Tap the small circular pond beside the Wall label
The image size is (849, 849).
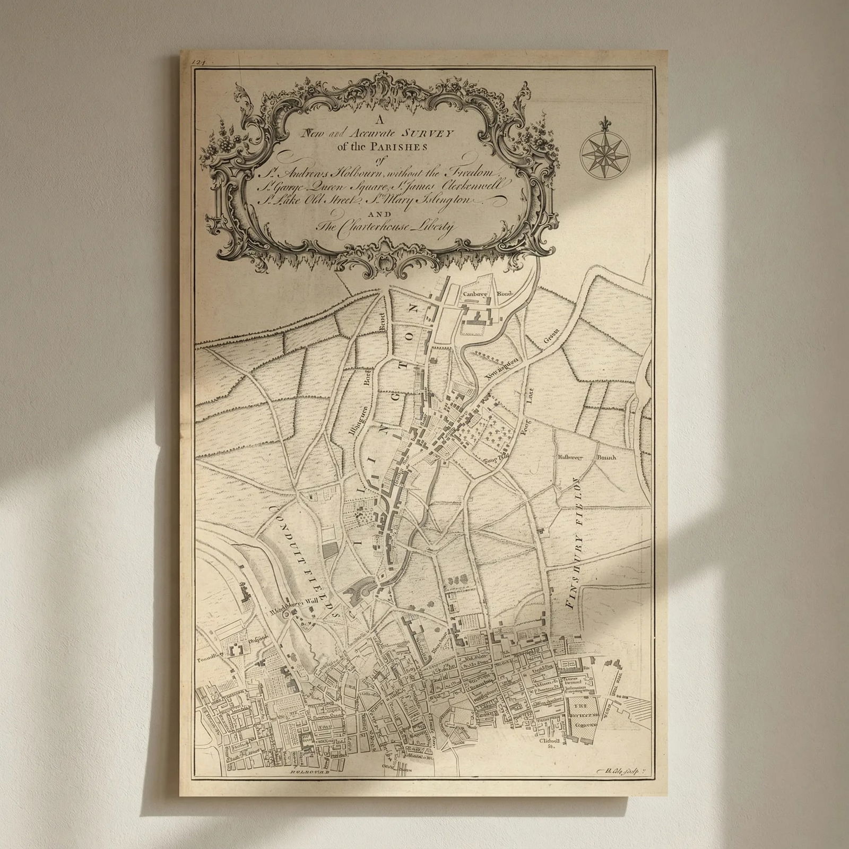287,614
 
